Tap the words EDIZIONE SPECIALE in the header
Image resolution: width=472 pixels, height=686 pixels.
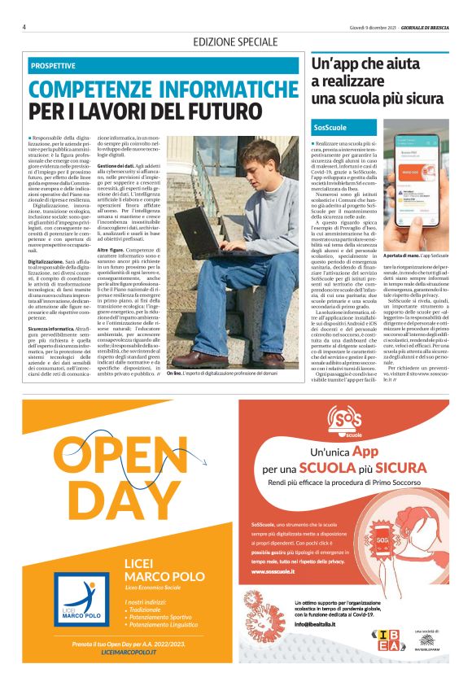tap(236, 42)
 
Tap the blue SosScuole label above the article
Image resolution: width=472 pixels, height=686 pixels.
tap(330, 127)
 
